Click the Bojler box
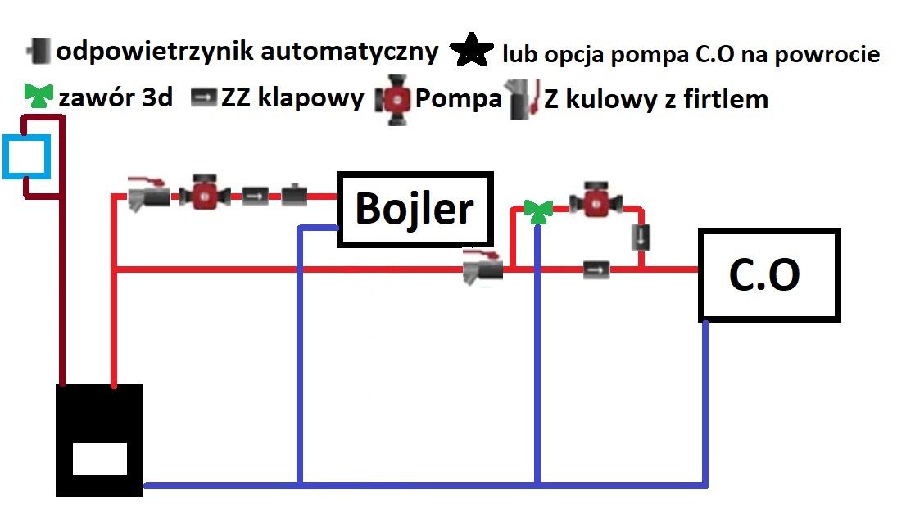[415, 209]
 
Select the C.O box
[769, 275]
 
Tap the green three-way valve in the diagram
[538, 211]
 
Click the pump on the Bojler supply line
[204, 192]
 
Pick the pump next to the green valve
[596, 200]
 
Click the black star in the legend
[471, 51]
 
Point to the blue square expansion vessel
[26, 156]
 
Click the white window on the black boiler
[100, 459]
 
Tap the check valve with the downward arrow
[641, 237]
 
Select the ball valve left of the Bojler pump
[148, 194]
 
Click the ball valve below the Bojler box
[482, 266]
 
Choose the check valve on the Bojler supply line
[255, 197]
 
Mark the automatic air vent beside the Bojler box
[295, 195]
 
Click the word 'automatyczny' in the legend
[350, 52]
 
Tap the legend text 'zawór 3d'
[116, 97]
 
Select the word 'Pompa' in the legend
[458, 98]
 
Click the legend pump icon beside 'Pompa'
[393, 99]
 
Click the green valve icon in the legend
[39, 96]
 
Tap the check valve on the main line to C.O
[596, 269]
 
